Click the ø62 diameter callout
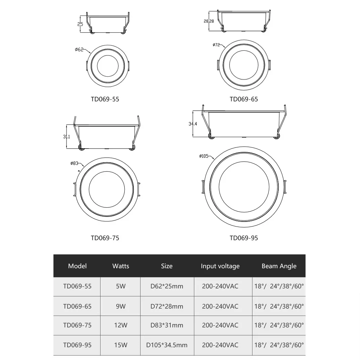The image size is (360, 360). (79, 49)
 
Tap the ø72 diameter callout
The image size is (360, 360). (216, 45)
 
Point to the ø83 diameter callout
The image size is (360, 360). (74, 163)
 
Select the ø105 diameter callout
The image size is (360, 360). (204, 156)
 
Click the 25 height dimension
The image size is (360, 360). (80, 24)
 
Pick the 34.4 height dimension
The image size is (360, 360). (193, 124)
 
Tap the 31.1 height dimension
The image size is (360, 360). (66, 136)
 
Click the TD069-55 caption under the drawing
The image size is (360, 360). (105, 99)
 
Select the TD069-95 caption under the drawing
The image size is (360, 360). (244, 238)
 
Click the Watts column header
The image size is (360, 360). (121, 266)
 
